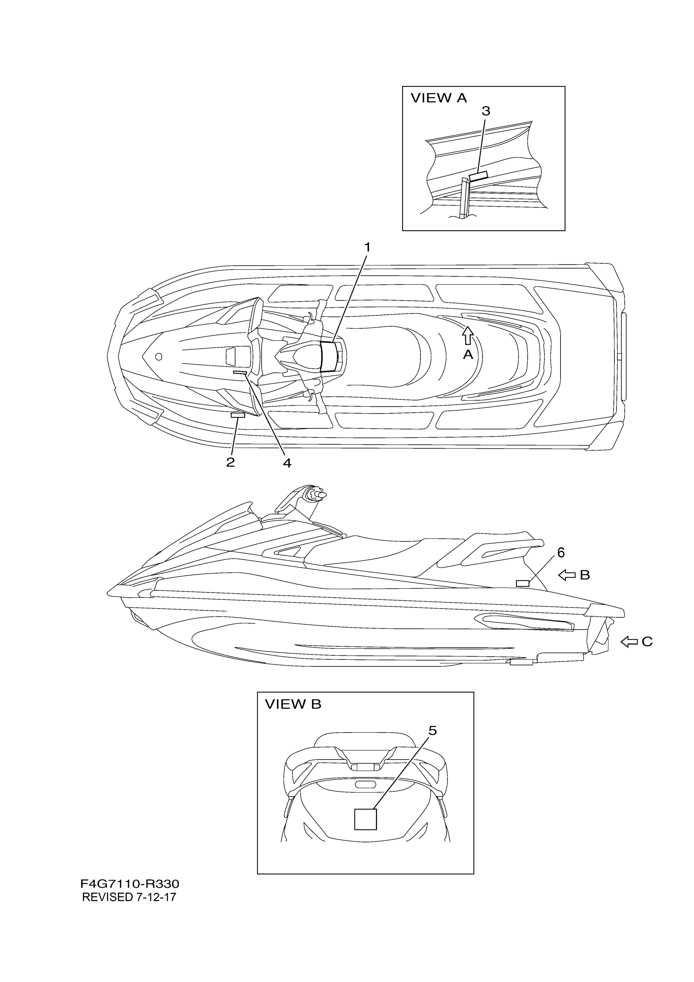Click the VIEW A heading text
[439, 98]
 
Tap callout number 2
[231, 462]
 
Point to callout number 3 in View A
[486, 111]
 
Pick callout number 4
[287, 463]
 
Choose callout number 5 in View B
[433, 731]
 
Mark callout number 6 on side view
[561, 552]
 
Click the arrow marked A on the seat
[468, 335]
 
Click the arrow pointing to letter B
[567, 575]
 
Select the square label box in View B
[366, 819]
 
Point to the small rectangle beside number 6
[523, 583]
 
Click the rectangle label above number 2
[238, 415]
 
